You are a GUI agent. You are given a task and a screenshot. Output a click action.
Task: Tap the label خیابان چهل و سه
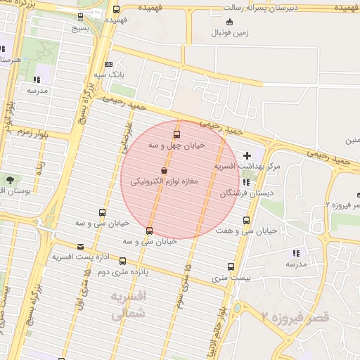(x=176, y=145)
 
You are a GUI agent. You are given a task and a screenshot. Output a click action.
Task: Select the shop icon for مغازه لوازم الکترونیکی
(x=164, y=170)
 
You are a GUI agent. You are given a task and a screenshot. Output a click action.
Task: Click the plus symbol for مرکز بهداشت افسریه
(x=246, y=155)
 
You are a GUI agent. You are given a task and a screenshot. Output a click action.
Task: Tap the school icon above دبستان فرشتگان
(x=246, y=182)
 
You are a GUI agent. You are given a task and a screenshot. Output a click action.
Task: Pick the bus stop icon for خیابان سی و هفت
(x=245, y=220)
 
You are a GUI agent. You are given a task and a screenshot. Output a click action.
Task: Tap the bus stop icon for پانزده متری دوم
(x=123, y=262)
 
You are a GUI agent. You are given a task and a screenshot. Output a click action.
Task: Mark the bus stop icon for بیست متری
(x=231, y=266)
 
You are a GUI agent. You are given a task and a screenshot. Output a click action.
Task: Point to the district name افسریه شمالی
(x=128, y=306)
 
